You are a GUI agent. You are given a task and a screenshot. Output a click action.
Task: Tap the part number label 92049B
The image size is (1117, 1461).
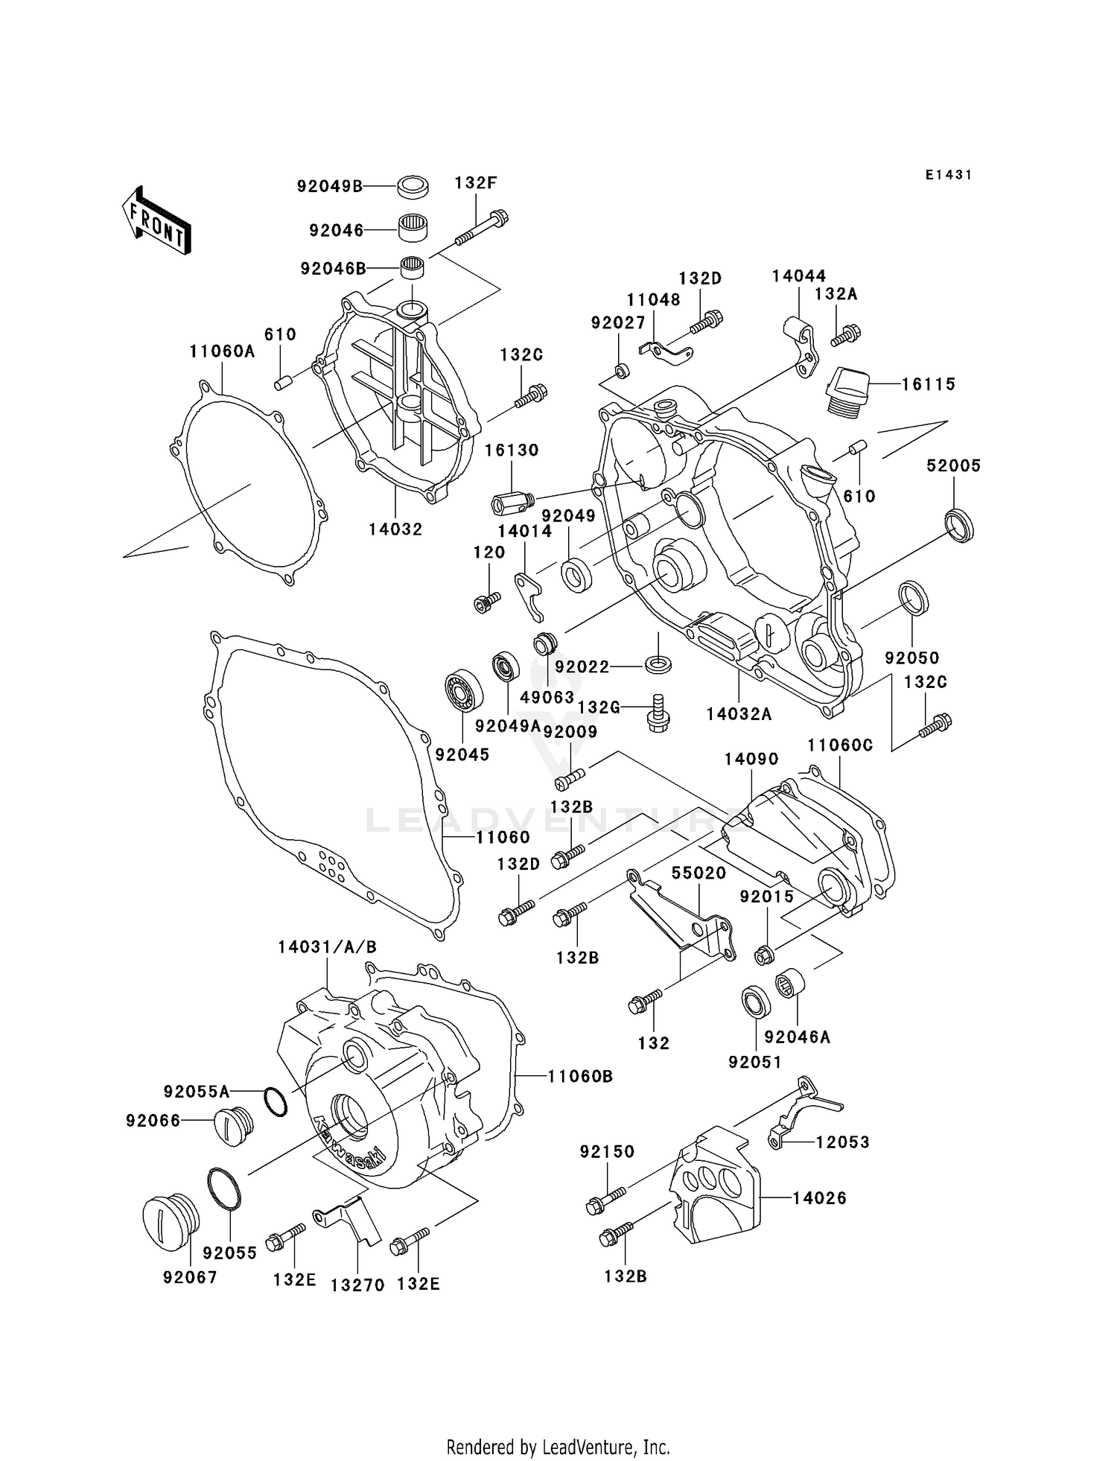pos(329,186)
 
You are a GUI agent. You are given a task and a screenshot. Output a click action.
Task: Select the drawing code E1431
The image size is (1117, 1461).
pos(948,175)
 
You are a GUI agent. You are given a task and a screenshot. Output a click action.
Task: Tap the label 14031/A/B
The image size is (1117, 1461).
pos(328,947)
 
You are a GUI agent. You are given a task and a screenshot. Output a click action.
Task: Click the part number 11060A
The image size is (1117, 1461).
pos(222,351)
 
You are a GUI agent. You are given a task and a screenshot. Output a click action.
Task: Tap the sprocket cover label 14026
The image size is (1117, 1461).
pos(819,1198)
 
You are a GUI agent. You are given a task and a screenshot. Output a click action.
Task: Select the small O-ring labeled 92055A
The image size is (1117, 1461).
pos(275,1101)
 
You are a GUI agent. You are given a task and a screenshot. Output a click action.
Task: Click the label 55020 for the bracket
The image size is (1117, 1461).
pos(698,873)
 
